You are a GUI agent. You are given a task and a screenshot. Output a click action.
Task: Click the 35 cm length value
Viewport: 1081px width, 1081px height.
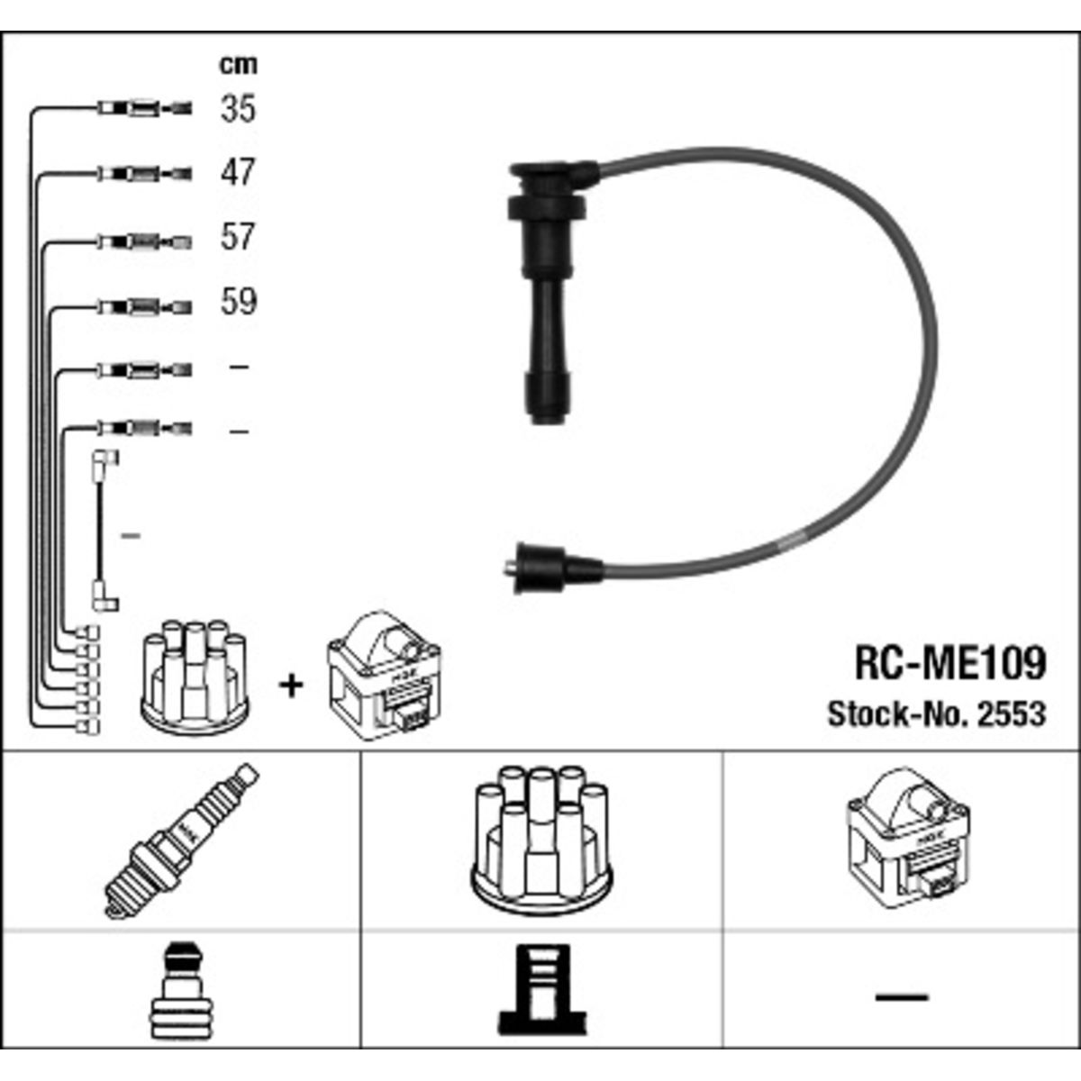238,108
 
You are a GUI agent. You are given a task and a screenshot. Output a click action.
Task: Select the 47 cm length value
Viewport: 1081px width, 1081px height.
238,172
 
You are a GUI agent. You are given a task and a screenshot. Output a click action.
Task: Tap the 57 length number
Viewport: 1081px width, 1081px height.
238,237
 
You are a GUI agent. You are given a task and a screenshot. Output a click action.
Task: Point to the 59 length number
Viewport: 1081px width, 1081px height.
238,301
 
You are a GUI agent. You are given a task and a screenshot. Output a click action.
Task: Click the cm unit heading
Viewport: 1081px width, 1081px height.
238,65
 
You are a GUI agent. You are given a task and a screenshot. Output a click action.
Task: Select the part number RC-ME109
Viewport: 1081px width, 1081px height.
950,663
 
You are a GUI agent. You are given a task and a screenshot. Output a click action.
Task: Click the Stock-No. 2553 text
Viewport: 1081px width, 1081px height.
937,714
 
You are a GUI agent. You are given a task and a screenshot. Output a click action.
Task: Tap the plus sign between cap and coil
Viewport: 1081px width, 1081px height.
291,686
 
